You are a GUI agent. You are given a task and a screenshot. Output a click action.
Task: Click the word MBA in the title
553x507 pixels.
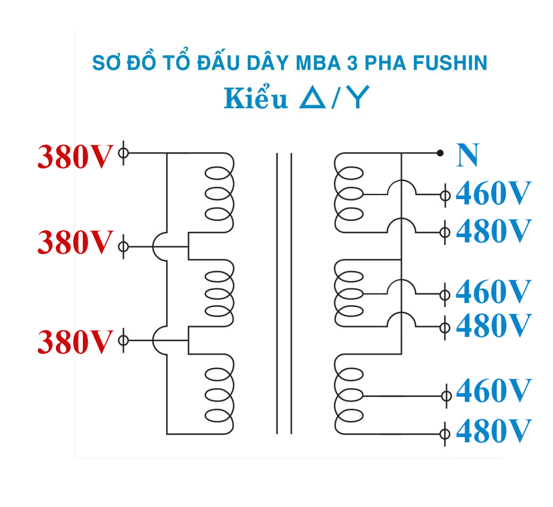pos(318,63)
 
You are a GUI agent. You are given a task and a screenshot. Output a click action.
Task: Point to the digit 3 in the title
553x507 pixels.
pos(352,63)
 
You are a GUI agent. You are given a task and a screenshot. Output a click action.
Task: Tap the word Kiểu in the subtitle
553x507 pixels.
pos(255,99)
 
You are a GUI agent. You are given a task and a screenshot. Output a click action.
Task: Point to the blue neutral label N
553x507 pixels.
pos(468,155)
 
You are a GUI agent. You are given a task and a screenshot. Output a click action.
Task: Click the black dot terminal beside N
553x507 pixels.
pos(440,153)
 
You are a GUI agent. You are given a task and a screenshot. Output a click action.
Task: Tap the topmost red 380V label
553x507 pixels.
pos(75,157)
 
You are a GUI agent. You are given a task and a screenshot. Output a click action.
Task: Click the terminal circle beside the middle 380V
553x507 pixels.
pos(123,246)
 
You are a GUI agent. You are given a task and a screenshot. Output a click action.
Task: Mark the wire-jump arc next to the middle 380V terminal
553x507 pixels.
pos(160,247)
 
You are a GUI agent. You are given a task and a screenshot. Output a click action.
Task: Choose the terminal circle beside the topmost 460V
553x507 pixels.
pos(445,196)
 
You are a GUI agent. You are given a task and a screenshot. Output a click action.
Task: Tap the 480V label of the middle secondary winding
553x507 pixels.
pos(493,326)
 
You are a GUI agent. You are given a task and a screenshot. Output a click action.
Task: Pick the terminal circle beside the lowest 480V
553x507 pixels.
pos(445,433)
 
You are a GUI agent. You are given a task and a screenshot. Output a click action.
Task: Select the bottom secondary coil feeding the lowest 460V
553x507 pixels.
pos(349,395)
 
